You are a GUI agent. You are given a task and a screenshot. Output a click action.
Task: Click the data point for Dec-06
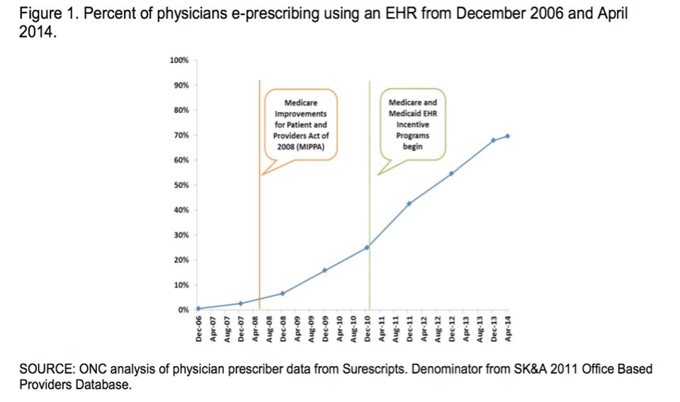[198, 309]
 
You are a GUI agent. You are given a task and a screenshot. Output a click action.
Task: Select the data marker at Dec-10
[367, 248]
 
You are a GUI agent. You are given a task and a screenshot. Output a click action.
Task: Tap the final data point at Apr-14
[508, 136]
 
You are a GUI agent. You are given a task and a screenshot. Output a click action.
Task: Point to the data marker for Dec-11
[409, 204]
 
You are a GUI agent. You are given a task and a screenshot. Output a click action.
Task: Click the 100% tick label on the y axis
[179, 60]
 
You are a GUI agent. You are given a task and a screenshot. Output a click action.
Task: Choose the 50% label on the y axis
[181, 185]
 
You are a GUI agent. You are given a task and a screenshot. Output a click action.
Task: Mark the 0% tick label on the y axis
[183, 310]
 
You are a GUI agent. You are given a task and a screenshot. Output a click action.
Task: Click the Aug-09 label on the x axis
[312, 329]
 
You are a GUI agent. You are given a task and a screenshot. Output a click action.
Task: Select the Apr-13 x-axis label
[466, 329]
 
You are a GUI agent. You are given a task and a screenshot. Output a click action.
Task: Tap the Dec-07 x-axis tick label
[241, 329]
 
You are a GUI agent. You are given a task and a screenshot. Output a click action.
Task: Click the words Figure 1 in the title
[47, 15]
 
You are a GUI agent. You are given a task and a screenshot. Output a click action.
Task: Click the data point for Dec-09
[325, 270]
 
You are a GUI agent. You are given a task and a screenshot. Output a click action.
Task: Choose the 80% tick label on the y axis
[181, 110]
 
